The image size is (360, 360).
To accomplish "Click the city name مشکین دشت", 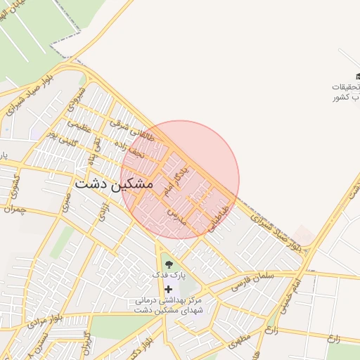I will point(112,183).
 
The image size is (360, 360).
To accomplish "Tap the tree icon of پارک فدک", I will point(168,265).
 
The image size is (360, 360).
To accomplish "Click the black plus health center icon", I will point(168,289).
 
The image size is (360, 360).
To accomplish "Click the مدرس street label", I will point(174,217).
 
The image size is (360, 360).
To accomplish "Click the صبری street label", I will point(65,204).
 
